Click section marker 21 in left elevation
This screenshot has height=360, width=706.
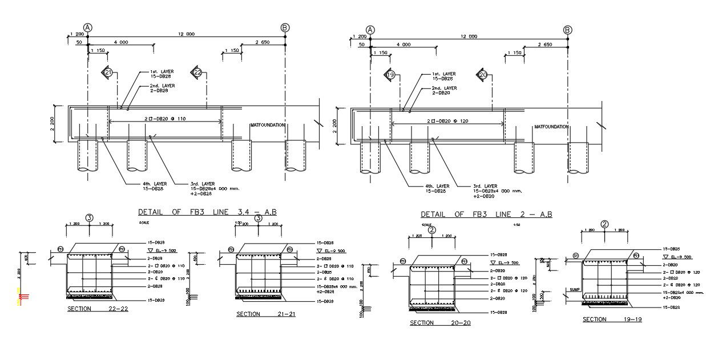[107, 72]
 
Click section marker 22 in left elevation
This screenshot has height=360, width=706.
[197, 72]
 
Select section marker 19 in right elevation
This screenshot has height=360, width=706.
[390, 75]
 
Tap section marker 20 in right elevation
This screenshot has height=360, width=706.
[483, 75]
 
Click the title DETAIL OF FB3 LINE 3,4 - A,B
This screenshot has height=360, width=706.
[208, 212]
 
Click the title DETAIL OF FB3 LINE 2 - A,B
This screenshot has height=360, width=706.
[486, 215]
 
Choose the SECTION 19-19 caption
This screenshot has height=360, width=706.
[612, 319]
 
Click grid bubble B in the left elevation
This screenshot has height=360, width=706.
[285, 27]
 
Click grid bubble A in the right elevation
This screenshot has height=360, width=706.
[370, 30]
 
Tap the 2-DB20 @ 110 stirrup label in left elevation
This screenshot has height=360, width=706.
[166, 119]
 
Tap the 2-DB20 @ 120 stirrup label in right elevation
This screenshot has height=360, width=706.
[447, 122]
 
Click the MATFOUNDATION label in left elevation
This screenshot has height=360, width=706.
[267, 125]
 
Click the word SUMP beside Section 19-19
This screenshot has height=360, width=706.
[574, 290]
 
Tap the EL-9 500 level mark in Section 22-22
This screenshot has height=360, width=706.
[158, 250]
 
